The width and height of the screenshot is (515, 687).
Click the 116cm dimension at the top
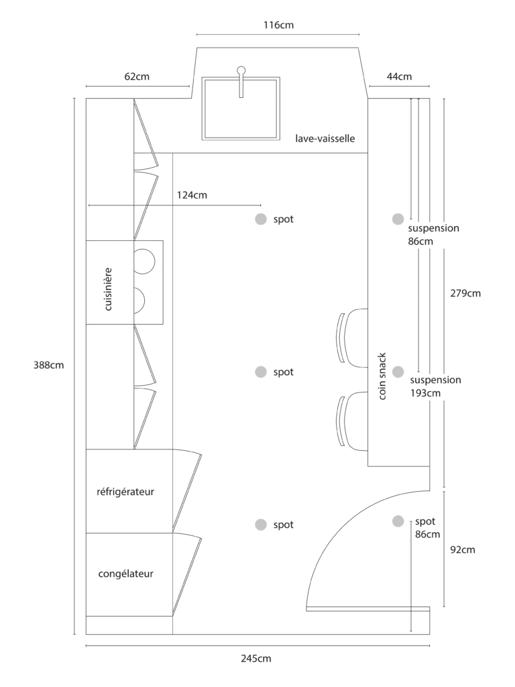278,25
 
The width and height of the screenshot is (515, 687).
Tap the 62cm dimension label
137,76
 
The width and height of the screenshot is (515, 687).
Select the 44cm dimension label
400,76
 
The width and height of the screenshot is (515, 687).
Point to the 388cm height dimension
48,365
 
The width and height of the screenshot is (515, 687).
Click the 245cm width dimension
256,658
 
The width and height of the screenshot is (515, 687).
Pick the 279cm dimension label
465,293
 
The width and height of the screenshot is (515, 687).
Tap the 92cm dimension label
463,549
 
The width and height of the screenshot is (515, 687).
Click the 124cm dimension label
192,195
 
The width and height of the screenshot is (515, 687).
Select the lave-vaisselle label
325,138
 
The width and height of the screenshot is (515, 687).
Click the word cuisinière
108,289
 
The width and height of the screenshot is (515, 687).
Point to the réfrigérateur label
125,492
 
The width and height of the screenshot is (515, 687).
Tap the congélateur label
125,574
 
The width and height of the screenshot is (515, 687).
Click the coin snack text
382,376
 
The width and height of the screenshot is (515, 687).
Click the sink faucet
241,82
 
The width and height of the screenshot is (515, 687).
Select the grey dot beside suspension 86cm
398,219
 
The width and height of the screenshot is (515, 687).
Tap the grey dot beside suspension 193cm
398,372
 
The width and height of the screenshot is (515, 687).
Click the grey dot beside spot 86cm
398,521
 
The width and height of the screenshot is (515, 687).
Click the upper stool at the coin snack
353,337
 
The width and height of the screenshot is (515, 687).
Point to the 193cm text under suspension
425,393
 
